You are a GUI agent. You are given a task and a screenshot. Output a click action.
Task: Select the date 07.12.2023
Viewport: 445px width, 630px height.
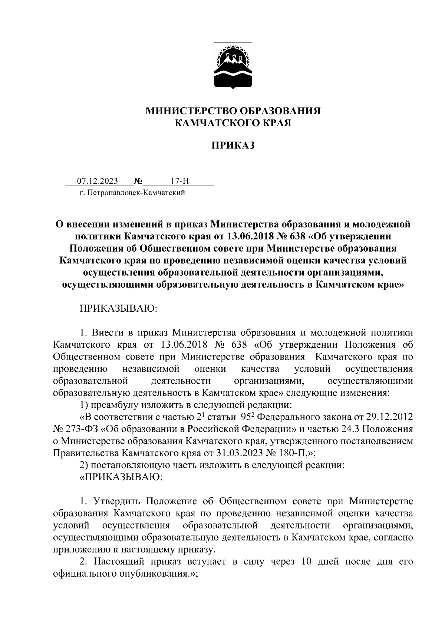pos(98,181)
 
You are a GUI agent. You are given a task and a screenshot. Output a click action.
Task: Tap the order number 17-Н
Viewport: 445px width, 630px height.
pos(180,181)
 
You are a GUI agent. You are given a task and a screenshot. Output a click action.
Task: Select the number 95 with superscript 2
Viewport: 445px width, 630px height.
pos(246,417)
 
